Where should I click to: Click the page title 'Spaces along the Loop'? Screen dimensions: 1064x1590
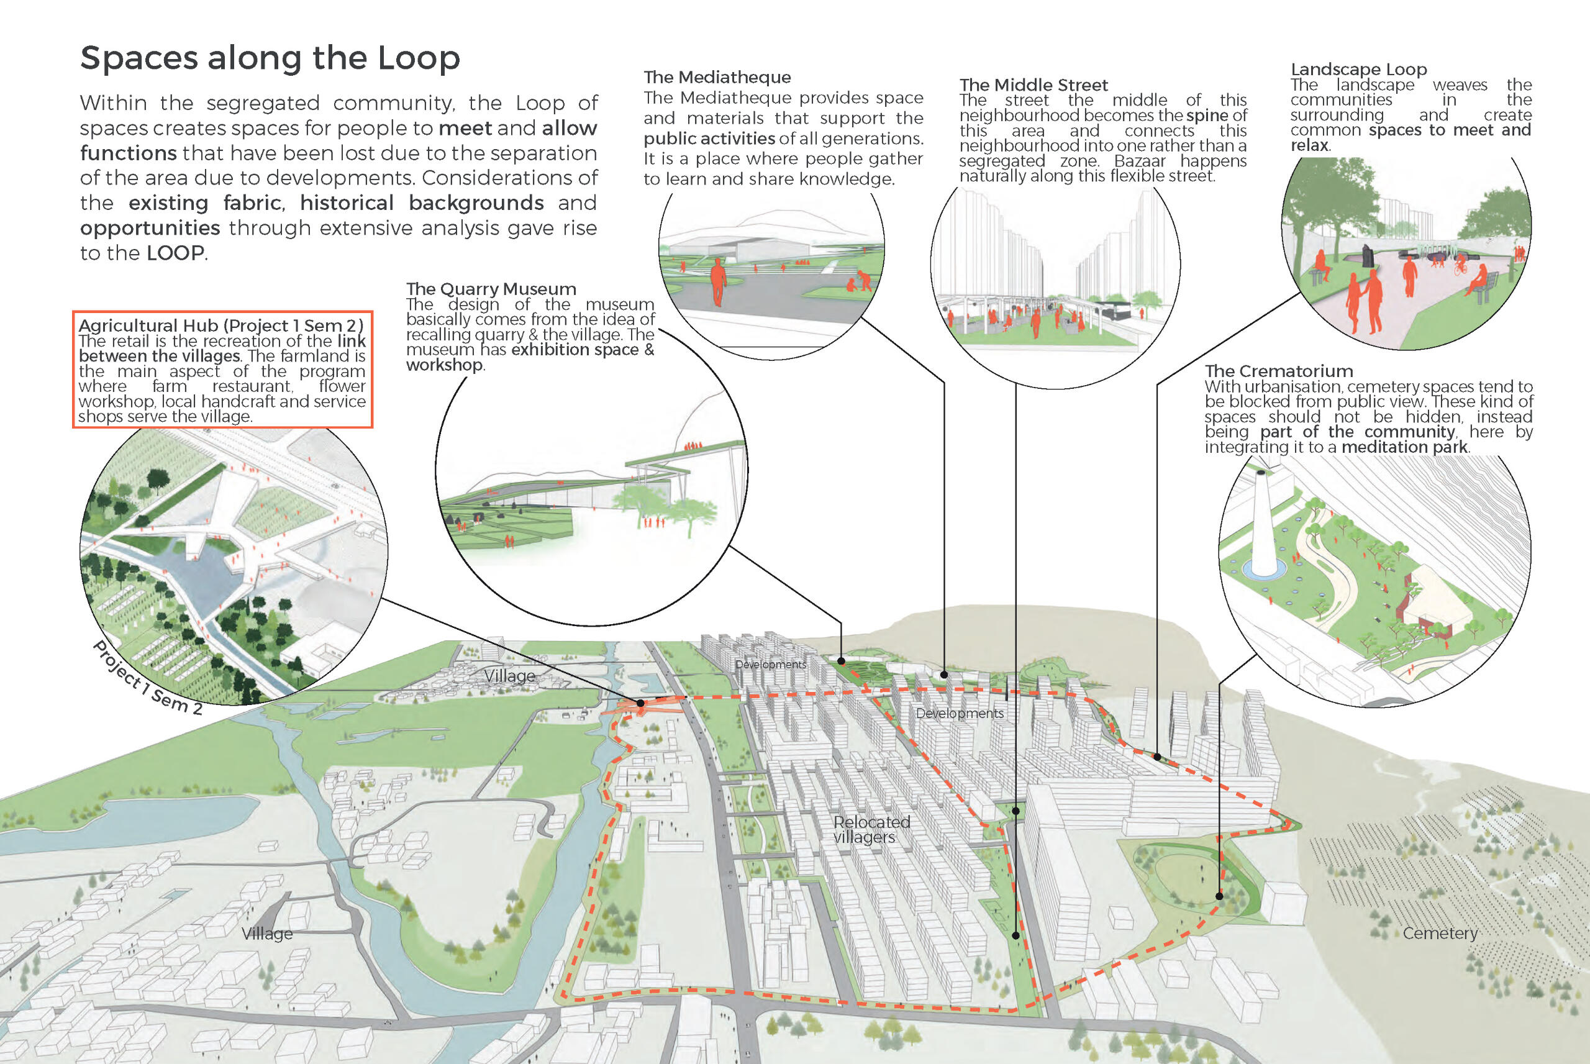(x=270, y=58)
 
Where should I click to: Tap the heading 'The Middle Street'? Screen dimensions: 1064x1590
(x=1033, y=85)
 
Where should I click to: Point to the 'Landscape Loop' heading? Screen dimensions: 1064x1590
(x=1359, y=69)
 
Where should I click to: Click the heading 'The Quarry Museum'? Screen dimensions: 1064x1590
(x=491, y=289)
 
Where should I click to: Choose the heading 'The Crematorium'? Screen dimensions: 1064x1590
(x=1279, y=371)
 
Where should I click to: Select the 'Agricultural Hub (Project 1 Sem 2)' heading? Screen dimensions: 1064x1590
(x=221, y=325)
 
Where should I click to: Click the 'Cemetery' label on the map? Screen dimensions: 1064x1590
(x=1440, y=933)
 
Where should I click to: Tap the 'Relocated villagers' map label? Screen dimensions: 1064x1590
(x=871, y=829)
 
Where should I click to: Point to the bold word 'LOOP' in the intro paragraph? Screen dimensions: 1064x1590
(x=175, y=253)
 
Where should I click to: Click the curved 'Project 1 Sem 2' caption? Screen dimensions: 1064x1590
(x=147, y=678)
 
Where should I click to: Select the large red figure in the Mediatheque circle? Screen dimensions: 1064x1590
(x=717, y=284)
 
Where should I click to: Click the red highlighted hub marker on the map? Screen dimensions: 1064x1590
(x=640, y=704)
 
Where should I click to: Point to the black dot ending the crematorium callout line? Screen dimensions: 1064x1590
(x=1219, y=896)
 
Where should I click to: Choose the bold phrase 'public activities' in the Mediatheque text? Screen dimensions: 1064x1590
(x=709, y=139)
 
